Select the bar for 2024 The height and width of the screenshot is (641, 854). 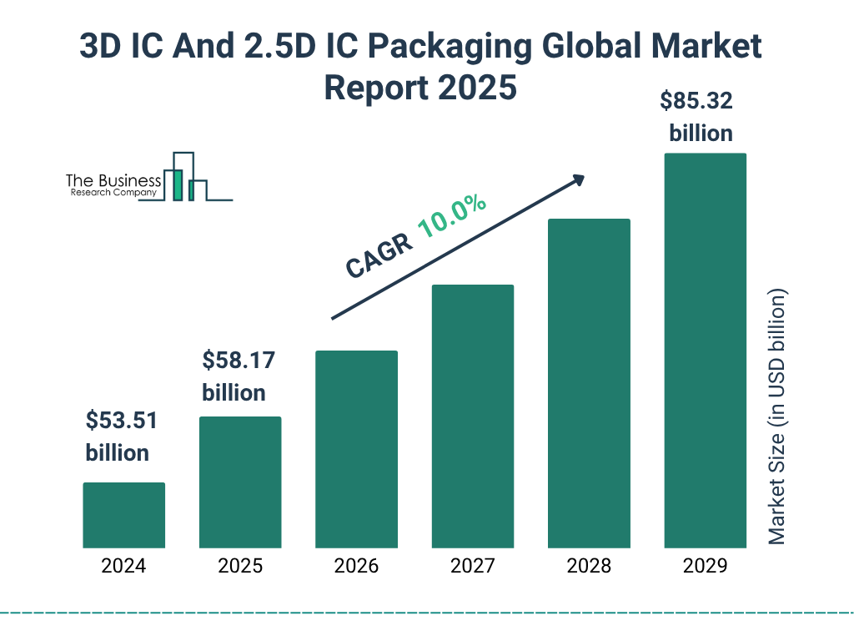[123, 515]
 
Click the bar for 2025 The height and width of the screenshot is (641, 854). [240, 482]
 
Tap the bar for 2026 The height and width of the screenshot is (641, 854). [356, 449]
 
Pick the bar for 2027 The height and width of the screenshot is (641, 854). [472, 416]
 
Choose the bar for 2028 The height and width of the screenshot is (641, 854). [589, 383]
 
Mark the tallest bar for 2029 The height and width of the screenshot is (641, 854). [705, 351]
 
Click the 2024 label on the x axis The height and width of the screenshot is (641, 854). [123, 566]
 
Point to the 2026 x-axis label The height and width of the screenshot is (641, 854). [356, 566]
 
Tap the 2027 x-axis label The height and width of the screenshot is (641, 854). [472, 566]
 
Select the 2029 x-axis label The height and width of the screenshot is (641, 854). [705, 566]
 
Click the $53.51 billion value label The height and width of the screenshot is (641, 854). [121, 437]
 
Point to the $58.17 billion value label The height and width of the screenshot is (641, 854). [238, 376]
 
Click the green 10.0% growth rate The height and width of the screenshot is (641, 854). [452, 216]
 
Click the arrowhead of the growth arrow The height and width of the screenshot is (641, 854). [577, 179]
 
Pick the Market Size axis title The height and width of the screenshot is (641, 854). [776, 417]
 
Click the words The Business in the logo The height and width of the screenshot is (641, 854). [113, 181]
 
